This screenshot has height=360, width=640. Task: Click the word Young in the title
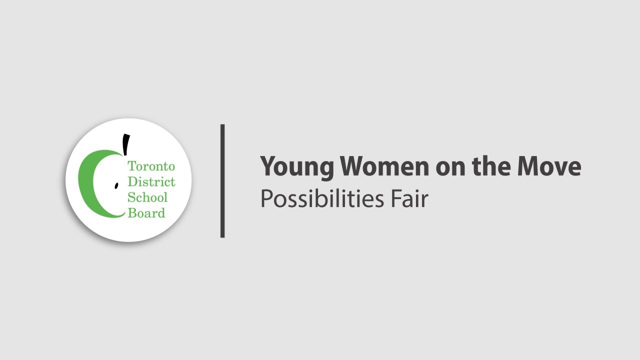[297, 166]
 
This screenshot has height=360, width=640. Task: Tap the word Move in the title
[549, 166]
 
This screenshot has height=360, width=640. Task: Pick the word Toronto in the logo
[151, 166]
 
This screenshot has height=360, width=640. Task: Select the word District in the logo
[151, 181]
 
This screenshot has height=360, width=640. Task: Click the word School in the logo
[147, 197]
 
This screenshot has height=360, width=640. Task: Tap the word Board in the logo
[146, 213]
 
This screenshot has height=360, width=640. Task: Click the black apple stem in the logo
[126, 144]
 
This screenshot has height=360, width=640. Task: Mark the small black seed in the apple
[116, 185]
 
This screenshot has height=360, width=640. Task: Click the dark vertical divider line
[222, 181]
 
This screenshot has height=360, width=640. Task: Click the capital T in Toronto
[131, 166]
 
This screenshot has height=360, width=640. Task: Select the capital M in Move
[529, 166]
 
